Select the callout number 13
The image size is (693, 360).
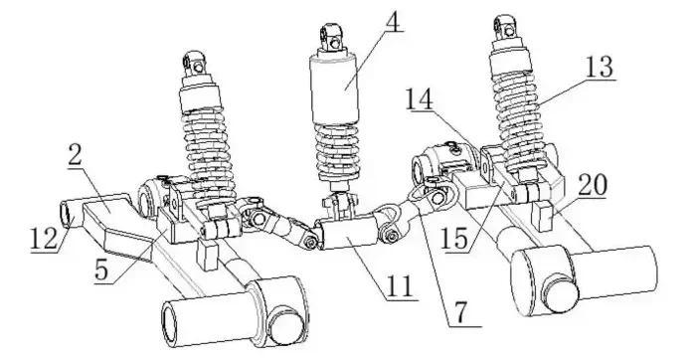pyautogui.click(x=599, y=67)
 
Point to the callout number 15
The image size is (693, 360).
pyautogui.click(x=454, y=240)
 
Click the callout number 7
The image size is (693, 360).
pyautogui.click(x=461, y=313)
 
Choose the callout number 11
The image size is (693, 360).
pyautogui.click(x=399, y=286)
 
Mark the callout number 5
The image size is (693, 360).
pyautogui.click(x=101, y=270)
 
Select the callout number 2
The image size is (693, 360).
pyautogui.click(x=76, y=155)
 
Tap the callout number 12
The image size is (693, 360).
pyautogui.click(x=44, y=240)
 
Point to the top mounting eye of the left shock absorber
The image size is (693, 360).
pyautogui.click(x=195, y=63)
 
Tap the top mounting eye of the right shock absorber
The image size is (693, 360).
pyautogui.click(x=505, y=27)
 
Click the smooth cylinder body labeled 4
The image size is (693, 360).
pyautogui.click(x=334, y=88)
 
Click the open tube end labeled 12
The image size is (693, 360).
pyautogui.click(x=67, y=213)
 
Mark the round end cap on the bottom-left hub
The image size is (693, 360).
pyautogui.click(x=286, y=327)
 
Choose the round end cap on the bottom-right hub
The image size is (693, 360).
pyautogui.click(x=560, y=293)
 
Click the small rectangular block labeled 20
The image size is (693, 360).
pyautogui.click(x=544, y=216)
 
